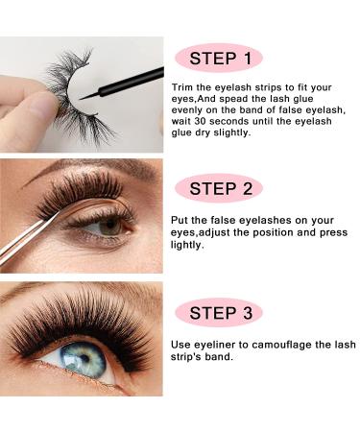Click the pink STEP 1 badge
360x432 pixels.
click(219, 59)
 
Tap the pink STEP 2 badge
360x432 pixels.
click(219, 188)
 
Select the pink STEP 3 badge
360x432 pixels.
click(219, 312)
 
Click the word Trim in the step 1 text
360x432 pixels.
click(180, 87)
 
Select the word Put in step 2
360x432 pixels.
click(179, 220)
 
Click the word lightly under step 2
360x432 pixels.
click(187, 245)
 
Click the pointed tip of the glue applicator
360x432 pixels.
click(80, 99)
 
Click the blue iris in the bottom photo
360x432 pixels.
click(84, 359)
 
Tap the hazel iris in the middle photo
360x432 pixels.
click(109, 227)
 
